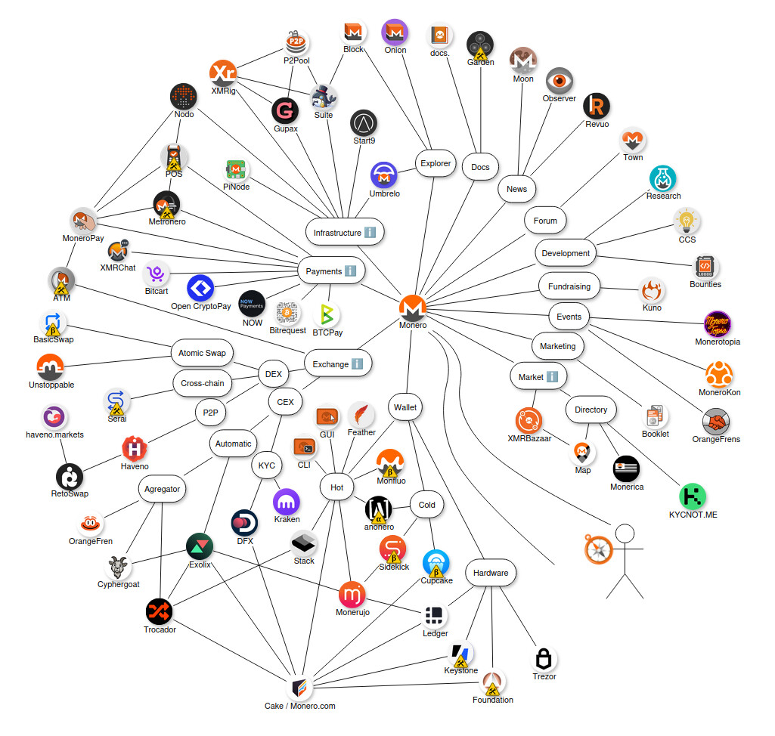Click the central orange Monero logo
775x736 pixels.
click(413, 308)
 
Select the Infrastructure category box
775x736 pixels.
click(345, 233)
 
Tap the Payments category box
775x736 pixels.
click(330, 271)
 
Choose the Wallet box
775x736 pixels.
click(405, 407)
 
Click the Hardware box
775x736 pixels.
click(491, 573)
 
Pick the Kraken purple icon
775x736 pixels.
click(287, 502)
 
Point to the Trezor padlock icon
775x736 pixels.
click(544, 658)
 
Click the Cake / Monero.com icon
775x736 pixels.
click(300, 688)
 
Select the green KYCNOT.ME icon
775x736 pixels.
click(693, 496)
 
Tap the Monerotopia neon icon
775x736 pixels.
click(718, 324)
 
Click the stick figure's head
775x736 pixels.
click(625, 534)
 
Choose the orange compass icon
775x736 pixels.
click(597, 549)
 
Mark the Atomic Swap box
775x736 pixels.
click(202, 353)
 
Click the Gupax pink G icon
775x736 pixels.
click(285, 110)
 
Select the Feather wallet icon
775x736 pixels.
click(361, 414)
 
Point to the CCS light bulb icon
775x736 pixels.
click(687, 221)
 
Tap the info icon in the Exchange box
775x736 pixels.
click(358, 364)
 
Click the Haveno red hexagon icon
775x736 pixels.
click(135, 449)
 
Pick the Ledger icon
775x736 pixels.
click(435, 616)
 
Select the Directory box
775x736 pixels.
click(591, 410)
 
